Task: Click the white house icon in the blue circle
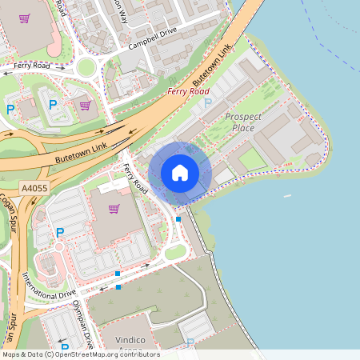180,173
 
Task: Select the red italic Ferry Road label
188,91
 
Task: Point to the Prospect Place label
243,122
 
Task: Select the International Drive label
48,284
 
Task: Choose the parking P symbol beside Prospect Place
208,103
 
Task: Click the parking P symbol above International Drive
59,232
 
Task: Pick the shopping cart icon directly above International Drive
114,209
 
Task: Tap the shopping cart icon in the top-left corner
26,18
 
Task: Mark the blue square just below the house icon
178,218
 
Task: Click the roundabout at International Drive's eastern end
175,253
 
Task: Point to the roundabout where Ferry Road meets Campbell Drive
86,68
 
